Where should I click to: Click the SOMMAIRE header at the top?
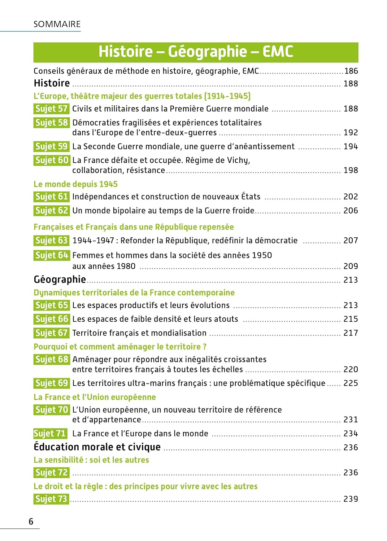[x=57, y=24]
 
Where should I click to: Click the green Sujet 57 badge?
[x=51, y=109]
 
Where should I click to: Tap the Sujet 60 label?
[x=51, y=160]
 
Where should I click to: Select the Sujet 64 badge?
[x=51, y=255]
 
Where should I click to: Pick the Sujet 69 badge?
[x=51, y=383]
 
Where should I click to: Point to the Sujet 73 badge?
[x=51, y=499]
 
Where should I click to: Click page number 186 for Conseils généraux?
[x=351, y=71]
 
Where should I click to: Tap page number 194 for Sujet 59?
[x=351, y=146]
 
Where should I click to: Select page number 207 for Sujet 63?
[x=351, y=241]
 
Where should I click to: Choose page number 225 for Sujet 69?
[x=351, y=383]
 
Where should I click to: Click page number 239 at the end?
[x=351, y=499]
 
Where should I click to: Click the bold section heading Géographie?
[x=60, y=280]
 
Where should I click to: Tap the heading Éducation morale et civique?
[x=97, y=447]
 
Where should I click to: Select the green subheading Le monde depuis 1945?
[x=75, y=184]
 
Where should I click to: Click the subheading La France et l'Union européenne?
[x=95, y=397]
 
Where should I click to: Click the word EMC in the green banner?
[x=278, y=52]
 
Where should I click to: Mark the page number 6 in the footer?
[x=31, y=522]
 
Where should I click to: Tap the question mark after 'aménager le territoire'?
[x=205, y=347]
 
